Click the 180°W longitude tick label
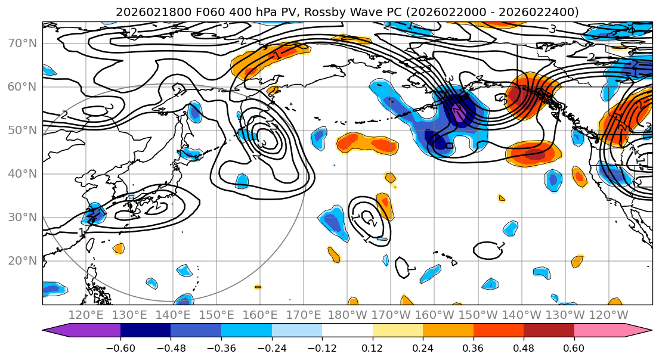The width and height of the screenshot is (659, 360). (x=347, y=315)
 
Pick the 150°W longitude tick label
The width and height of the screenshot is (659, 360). (x=477, y=315)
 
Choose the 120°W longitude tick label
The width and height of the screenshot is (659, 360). (x=608, y=315)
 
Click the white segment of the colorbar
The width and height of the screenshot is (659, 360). (x=347, y=331)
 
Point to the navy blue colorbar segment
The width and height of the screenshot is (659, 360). (x=146, y=331)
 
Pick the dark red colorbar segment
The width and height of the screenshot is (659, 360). (x=549, y=331)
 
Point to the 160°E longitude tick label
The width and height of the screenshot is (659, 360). (x=260, y=315)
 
